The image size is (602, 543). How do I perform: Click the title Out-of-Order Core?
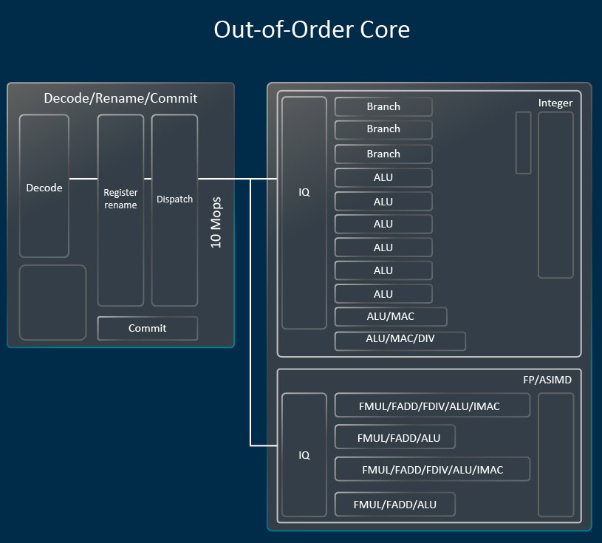[x=311, y=30]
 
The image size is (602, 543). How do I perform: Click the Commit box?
[x=148, y=328]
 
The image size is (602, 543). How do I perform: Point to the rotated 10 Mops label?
[x=216, y=222]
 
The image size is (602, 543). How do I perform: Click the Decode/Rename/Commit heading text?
[x=120, y=98]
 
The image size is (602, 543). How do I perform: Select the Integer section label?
[x=555, y=103]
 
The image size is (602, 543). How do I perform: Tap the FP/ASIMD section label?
[x=547, y=379]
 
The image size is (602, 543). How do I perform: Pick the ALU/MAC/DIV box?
[x=400, y=341]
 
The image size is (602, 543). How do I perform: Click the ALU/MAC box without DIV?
[x=391, y=317]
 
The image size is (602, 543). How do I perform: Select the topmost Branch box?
[x=383, y=106]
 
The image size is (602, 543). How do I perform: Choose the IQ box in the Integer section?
[x=304, y=213]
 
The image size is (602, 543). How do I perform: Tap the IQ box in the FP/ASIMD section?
[x=304, y=454]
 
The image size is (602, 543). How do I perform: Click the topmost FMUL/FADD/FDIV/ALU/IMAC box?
[x=432, y=406]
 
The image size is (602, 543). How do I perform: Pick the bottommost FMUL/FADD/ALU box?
[x=394, y=505]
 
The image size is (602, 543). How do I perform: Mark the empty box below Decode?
[x=52, y=302]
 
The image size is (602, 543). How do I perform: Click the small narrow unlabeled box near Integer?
[x=523, y=143]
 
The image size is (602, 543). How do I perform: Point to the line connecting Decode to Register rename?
[x=83, y=178]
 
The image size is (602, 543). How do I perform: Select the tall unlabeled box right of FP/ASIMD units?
[x=555, y=454]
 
